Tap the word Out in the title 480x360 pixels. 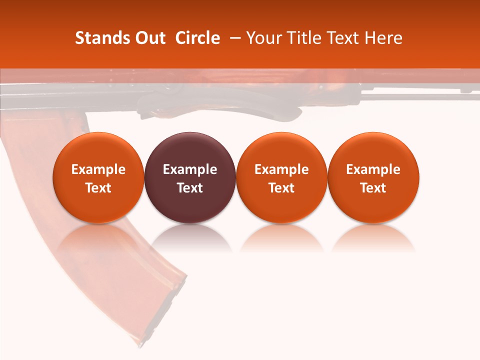[150, 38]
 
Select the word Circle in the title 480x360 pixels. [197, 38]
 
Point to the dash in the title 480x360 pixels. [233, 38]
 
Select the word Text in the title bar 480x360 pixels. [344, 38]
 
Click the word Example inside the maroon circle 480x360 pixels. [190, 169]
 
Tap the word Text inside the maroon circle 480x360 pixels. [190, 188]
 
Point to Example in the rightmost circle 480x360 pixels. [373, 169]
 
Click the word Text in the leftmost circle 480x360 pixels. [98, 188]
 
